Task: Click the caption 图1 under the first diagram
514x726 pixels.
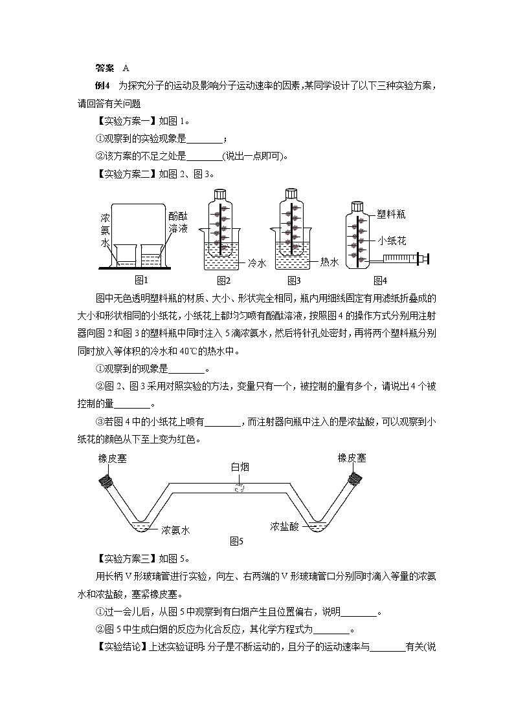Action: tap(141, 280)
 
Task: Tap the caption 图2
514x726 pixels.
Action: tap(223, 280)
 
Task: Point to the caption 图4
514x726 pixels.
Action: tap(380, 280)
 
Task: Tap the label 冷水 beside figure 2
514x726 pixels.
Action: tap(257, 263)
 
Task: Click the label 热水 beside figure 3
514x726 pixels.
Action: tap(330, 262)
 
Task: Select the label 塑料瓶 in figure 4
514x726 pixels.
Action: tap(392, 214)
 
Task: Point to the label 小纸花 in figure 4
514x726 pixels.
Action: tap(392, 240)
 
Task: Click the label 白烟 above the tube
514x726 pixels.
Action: tap(240, 467)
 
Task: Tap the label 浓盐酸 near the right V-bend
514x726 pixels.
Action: tap(284, 526)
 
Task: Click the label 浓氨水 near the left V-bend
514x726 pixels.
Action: tap(175, 529)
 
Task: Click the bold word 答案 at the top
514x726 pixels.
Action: tap(104, 68)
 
